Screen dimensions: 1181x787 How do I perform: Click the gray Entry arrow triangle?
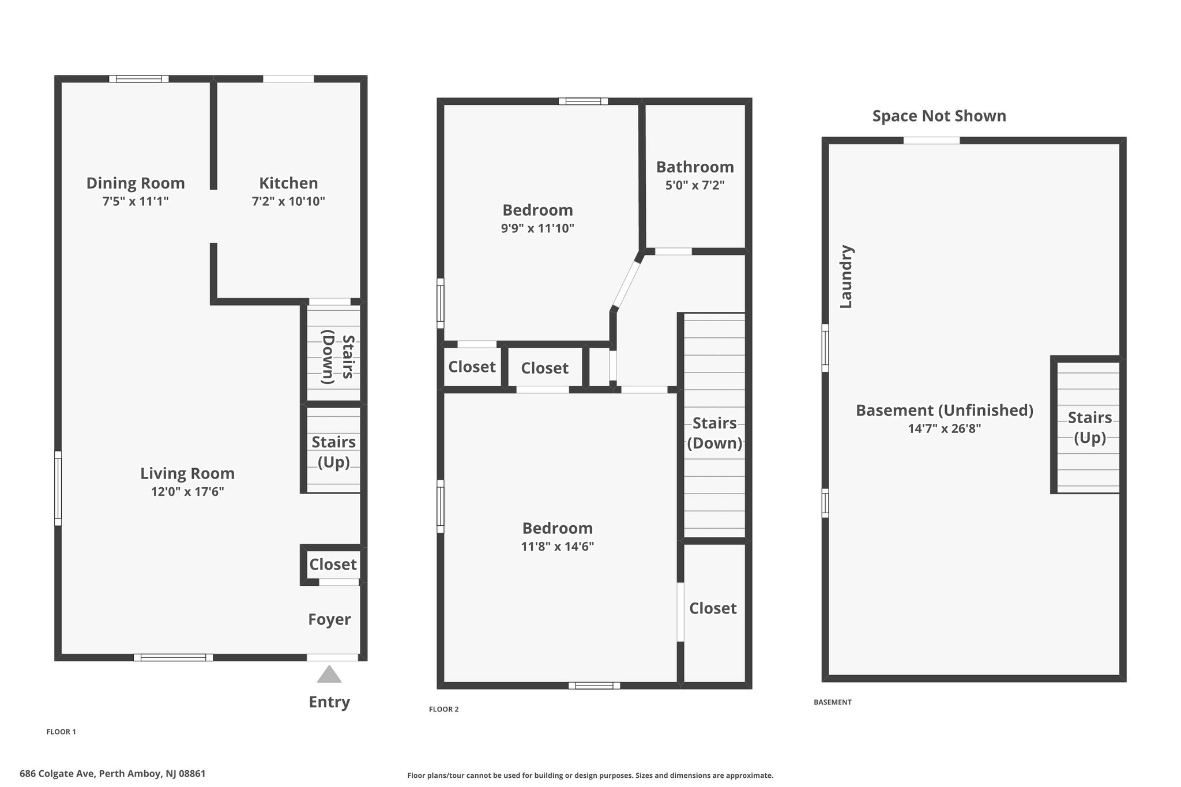pos(329,675)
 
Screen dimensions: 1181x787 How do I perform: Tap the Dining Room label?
pos(136,183)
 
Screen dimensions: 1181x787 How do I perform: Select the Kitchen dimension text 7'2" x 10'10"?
pos(288,201)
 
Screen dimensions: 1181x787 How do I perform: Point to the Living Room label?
pos(187,474)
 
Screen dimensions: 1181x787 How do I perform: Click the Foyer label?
pos(329,620)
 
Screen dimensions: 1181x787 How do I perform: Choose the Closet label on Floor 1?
pos(333,564)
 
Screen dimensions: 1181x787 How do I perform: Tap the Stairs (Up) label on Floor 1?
pos(333,452)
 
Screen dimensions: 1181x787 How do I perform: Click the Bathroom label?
pos(695,167)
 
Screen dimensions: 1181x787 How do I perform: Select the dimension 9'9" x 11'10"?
pos(537,228)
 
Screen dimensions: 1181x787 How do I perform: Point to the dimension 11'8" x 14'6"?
pos(558,546)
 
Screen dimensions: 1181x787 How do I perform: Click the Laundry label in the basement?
pos(846,277)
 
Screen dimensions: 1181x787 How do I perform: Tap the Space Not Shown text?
pos(939,116)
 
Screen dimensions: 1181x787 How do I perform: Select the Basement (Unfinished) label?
pos(945,411)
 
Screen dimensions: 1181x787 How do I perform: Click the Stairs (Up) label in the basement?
pos(1089,427)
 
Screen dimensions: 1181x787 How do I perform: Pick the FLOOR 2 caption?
pos(443,709)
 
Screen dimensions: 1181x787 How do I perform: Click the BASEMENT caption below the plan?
pos(832,702)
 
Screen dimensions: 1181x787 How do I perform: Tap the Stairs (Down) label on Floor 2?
pos(714,433)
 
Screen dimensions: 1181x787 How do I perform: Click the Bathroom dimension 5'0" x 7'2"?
pos(695,185)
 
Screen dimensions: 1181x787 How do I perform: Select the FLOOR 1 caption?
pos(61,732)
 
